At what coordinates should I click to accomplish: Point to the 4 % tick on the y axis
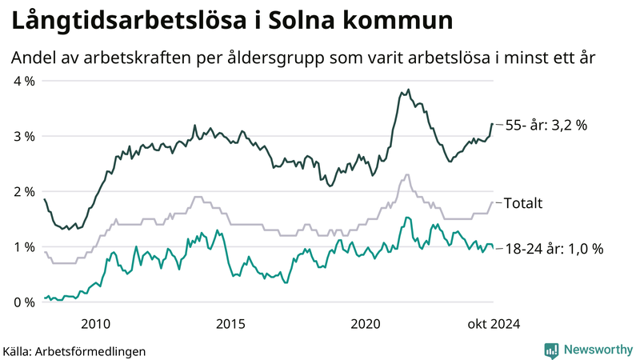24,81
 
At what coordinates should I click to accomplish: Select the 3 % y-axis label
24,136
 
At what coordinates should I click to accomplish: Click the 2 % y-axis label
24,192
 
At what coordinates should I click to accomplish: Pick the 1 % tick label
24,247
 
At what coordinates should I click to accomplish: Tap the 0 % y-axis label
24,302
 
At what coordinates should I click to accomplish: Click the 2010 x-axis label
95,324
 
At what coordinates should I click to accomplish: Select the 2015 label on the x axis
230,324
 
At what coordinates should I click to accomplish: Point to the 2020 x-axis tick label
366,324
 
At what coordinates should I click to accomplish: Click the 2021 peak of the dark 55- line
408,90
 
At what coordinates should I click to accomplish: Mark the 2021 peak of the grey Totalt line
407,174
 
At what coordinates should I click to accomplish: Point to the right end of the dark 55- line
492,124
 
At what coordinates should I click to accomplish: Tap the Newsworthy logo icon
551,350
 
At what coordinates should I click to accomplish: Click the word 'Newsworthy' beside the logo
598,350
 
